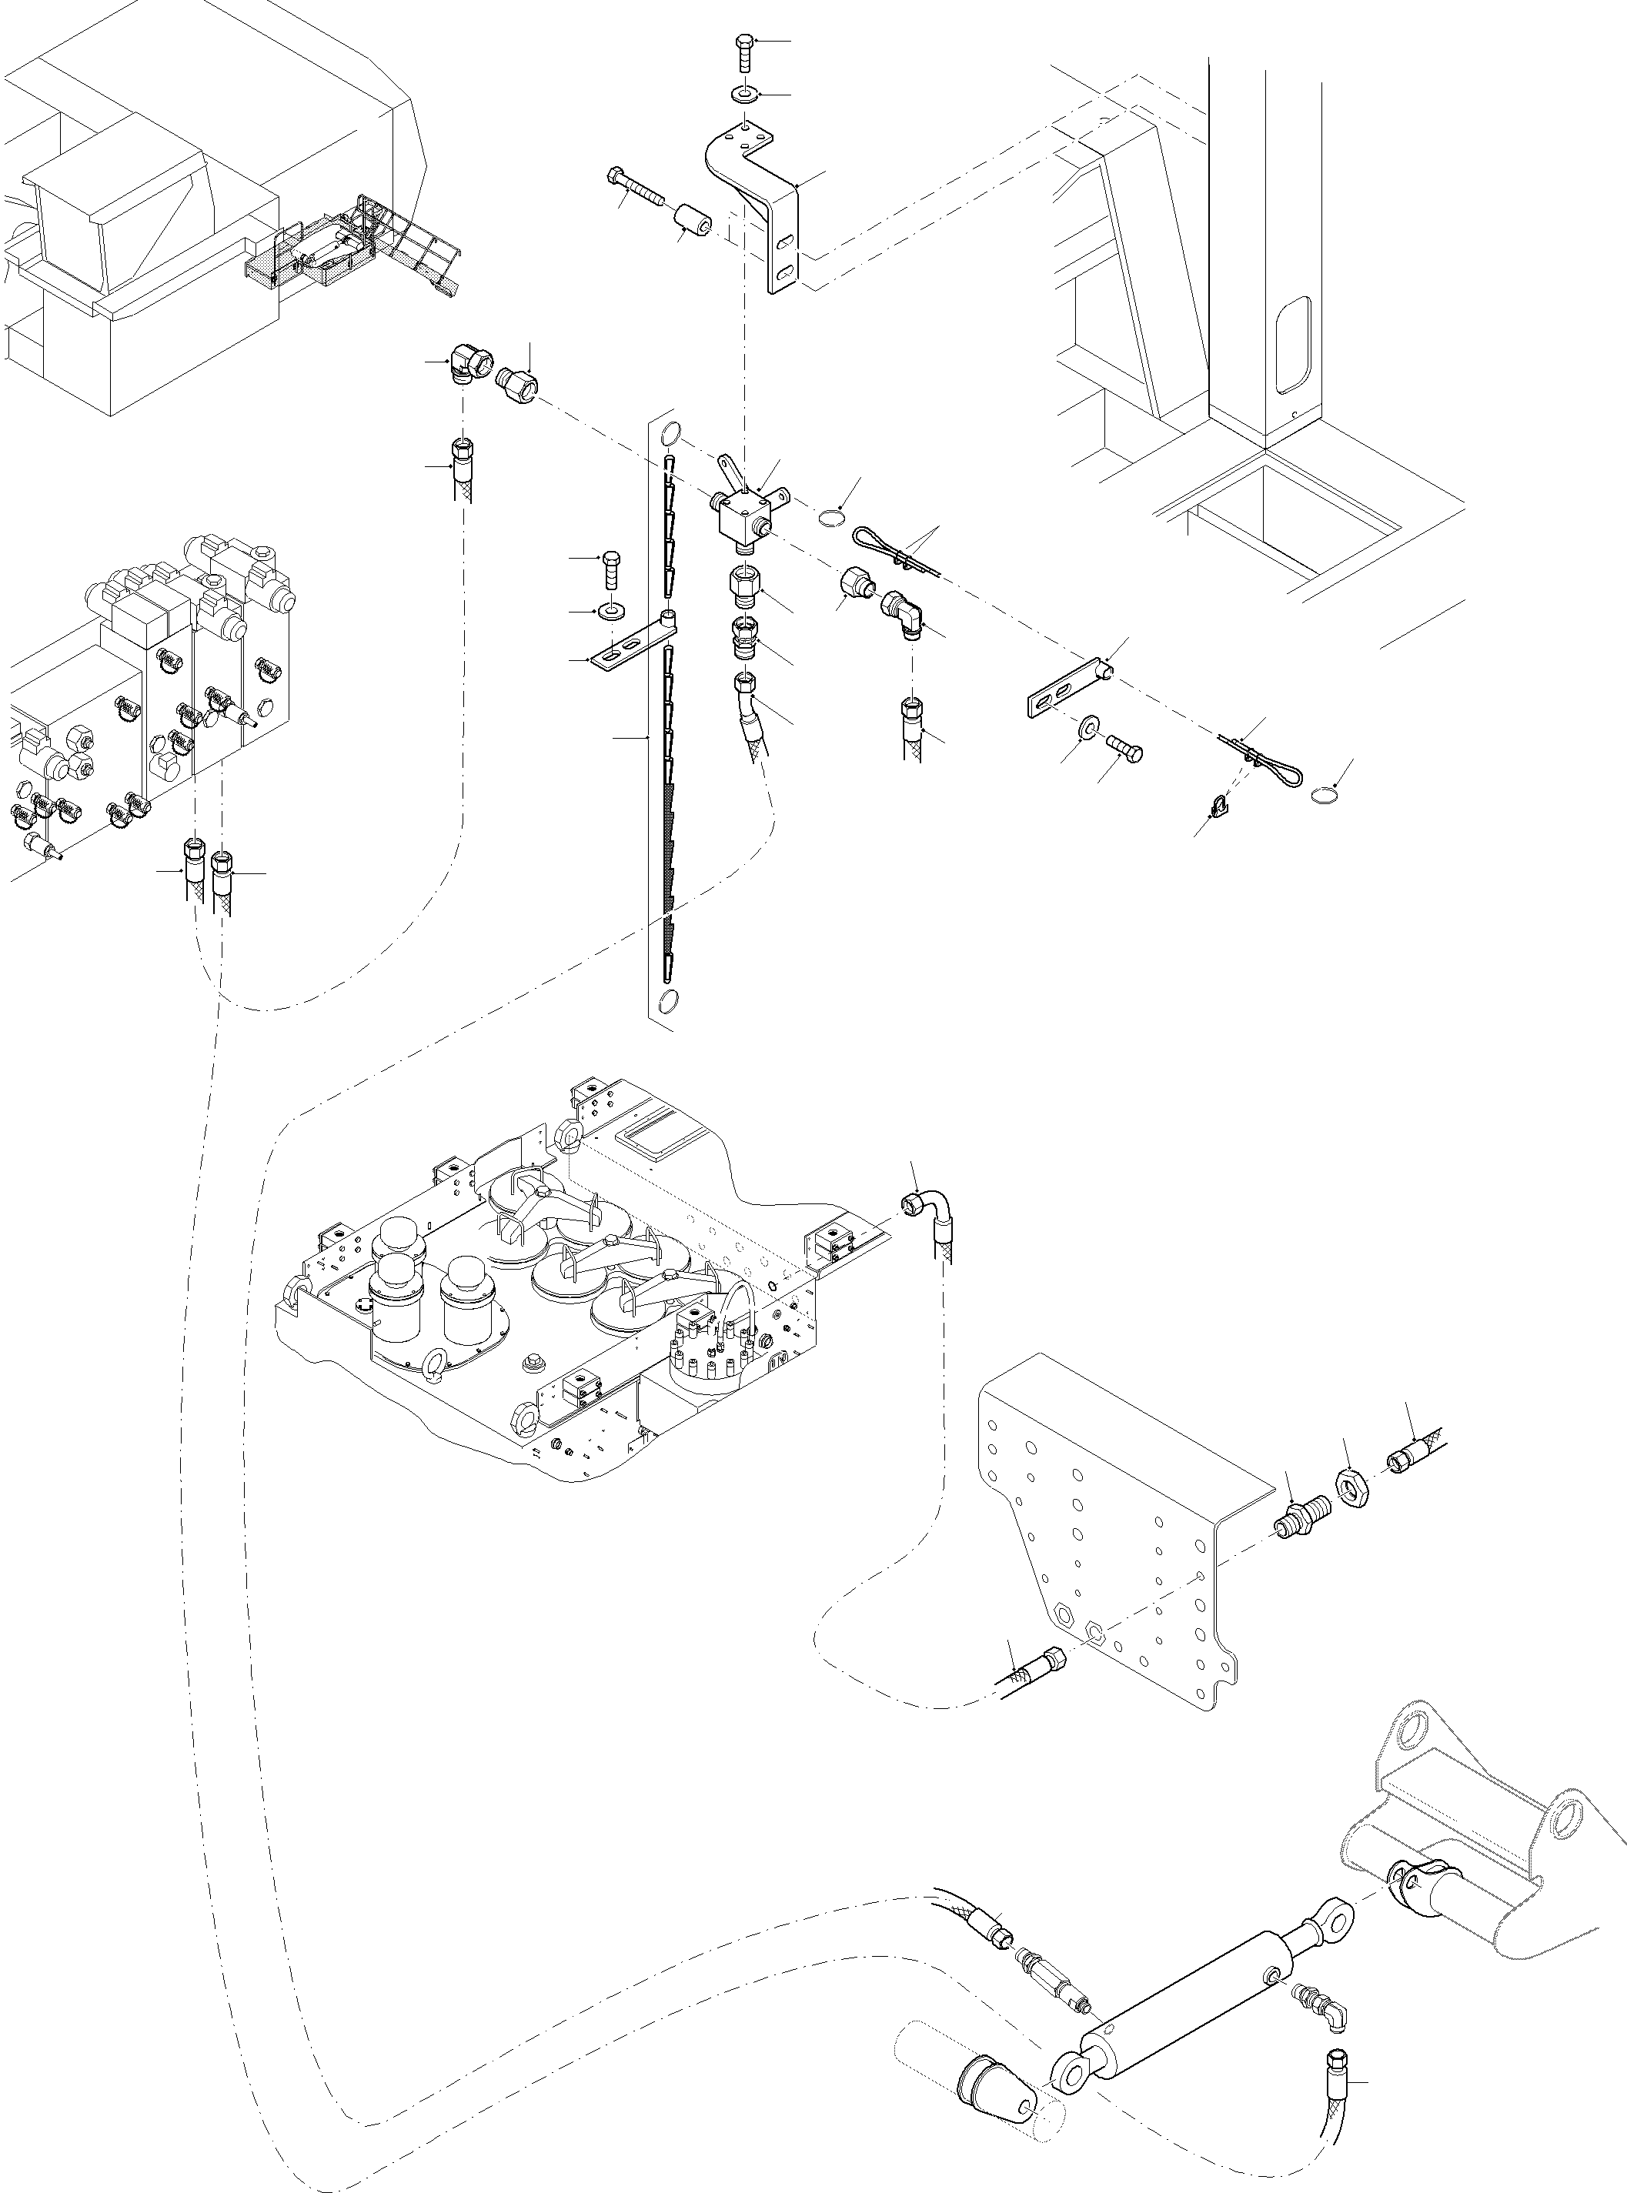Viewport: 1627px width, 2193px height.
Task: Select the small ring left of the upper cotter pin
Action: tap(832, 517)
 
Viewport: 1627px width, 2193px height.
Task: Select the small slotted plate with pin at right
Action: tap(1068, 689)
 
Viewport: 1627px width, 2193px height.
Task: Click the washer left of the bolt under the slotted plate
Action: tap(1089, 726)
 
